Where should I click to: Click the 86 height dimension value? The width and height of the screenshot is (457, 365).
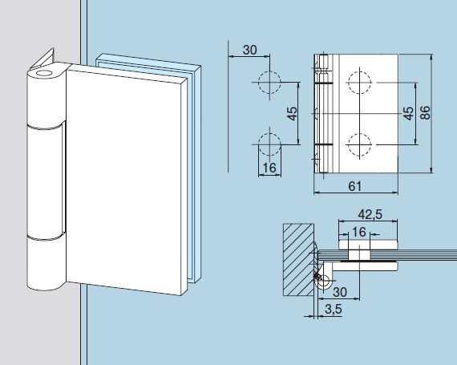pyautogui.click(x=426, y=113)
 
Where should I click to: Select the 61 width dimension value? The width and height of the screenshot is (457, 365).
pyautogui.click(x=354, y=186)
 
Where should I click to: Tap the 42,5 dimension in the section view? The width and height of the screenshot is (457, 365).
pyautogui.click(x=370, y=214)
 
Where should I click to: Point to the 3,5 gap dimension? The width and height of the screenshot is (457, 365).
pyautogui.click(x=334, y=310)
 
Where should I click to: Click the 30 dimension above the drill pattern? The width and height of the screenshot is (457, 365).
pyautogui.click(x=250, y=51)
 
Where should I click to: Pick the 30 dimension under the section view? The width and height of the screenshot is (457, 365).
pyautogui.click(x=340, y=292)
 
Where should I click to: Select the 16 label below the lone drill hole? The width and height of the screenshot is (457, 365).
pyautogui.click(x=269, y=168)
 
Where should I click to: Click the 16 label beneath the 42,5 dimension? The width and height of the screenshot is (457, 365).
pyautogui.click(x=359, y=233)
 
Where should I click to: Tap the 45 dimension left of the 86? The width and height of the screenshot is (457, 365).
pyautogui.click(x=408, y=113)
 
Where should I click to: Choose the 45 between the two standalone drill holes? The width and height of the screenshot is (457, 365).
pyautogui.click(x=292, y=113)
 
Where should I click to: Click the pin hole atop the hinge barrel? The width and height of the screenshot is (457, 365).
pyautogui.click(x=44, y=73)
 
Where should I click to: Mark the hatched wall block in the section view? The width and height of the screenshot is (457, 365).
pyautogui.click(x=298, y=259)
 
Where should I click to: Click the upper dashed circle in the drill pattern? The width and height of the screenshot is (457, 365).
pyautogui.click(x=269, y=82)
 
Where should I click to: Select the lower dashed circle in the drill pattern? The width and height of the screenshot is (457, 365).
pyautogui.click(x=269, y=144)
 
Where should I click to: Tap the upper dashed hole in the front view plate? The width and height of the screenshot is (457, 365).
pyautogui.click(x=360, y=83)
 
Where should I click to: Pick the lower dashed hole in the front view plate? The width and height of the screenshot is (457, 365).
pyautogui.click(x=360, y=144)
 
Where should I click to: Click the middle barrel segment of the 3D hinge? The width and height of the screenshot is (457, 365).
pyautogui.click(x=45, y=181)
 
